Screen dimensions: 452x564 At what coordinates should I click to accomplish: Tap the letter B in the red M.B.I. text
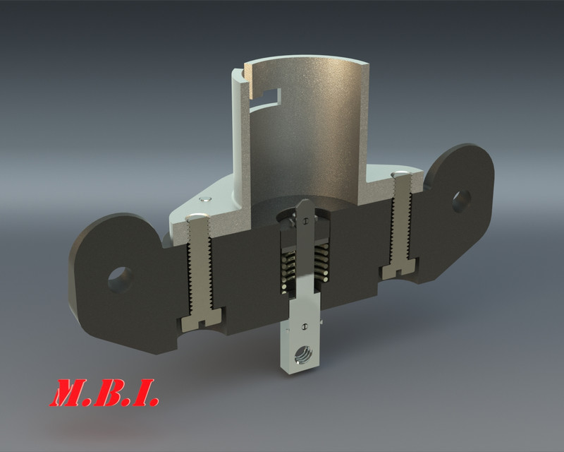pyautogui.click(x=113, y=393)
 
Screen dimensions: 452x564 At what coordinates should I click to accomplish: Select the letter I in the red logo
pyautogui.click(x=145, y=393)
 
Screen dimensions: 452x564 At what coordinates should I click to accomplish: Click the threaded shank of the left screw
pyautogui.click(x=200, y=275)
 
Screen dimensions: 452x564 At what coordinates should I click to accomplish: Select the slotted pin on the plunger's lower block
pyautogui.click(x=304, y=326)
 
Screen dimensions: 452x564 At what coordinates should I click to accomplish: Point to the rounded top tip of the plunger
pyautogui.click(x=303, y=205)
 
